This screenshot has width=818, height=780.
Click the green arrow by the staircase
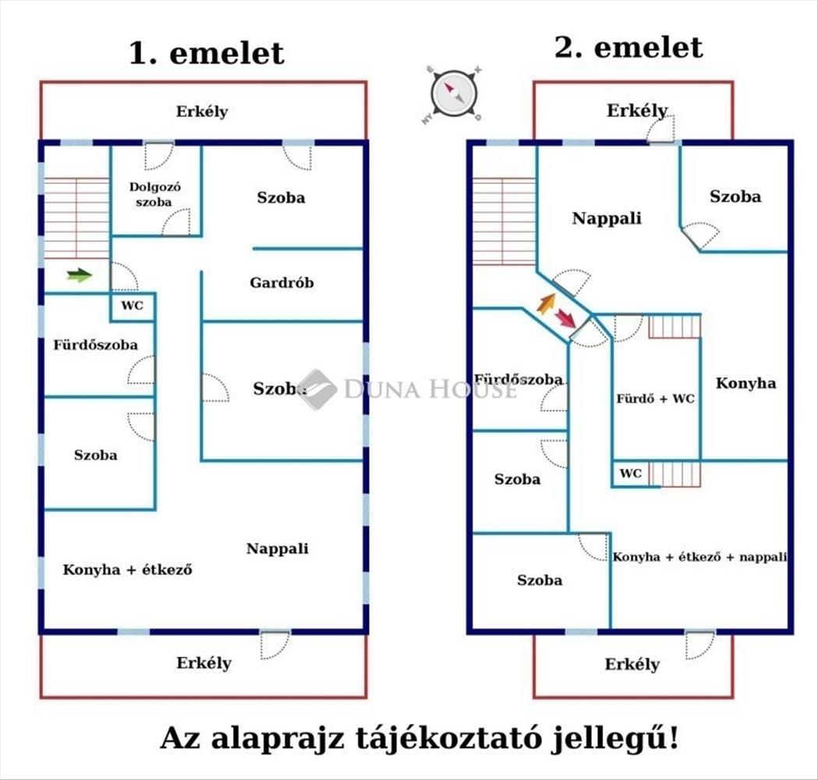pyautogui.click(x=80, y=275)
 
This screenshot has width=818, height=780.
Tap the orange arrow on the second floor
pyautogui.click(x=546, y=303)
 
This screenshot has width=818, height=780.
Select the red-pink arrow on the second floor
pyautogui.click(x=565, y=317)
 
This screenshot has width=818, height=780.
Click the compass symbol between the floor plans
pyautogui.click(x=453, y=94)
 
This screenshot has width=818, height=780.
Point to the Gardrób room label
pyautogui.click(x=282, y=283)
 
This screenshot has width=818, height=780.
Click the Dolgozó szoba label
pyautogui.click(x=154, y=194)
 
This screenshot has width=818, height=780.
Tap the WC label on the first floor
pyautogui.click(x=132, y=305)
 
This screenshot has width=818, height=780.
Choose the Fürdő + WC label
pyautogui.click(x=655, y=399)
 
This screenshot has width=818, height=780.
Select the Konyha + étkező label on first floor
pyautogui.click(x=127, y=569)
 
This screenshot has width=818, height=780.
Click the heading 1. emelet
pyautogui.click(x=206, y=53)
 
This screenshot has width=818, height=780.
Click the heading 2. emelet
pyautogui.click(x=629, y=48)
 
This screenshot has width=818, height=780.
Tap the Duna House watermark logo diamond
pyautogui.click(x=317, y=389)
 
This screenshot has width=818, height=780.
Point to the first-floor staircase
pyautogui.click(x=76, y=218)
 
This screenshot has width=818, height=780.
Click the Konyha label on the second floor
pyautogui.click(x=745, y=383)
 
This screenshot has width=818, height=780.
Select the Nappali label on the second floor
pyautogui.click(x=607, y=218)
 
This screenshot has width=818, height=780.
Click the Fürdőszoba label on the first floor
pyautogui.click(x=95, y=345)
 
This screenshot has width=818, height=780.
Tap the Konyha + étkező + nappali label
pyautogui.click(x=699, y=557)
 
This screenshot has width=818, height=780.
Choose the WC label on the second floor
pyautogui.click(x=631, y=473)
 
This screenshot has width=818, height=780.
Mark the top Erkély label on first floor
pyautogui.click(x=202, y=112)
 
